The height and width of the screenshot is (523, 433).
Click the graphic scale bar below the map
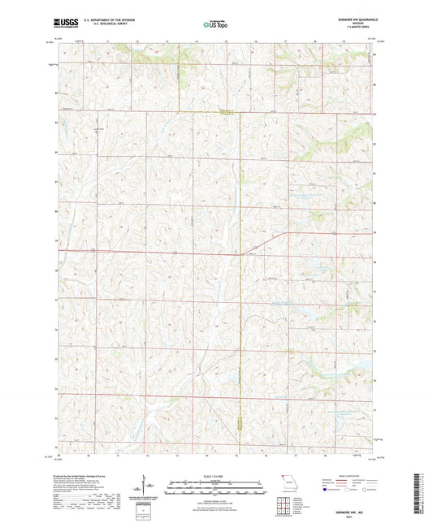(x=216, y=488)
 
